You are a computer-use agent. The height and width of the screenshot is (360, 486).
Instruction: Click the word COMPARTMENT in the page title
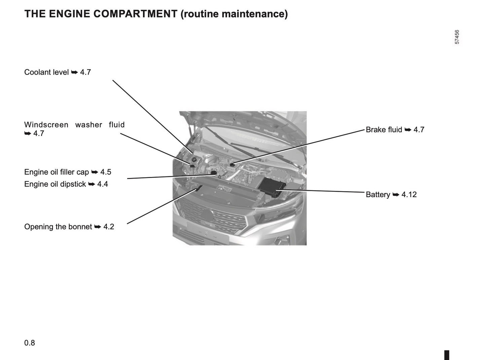[x=135, y=14]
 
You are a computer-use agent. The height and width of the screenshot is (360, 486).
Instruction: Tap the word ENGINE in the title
[x=70, y=14]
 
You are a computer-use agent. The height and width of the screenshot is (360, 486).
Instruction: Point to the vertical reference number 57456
[x=457, y=37]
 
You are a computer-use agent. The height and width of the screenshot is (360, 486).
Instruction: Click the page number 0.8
[x=30, y=343]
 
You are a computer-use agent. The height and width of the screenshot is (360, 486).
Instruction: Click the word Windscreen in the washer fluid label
[x=46, y=125]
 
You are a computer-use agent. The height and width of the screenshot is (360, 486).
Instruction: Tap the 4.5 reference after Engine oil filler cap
[x=106, y=172]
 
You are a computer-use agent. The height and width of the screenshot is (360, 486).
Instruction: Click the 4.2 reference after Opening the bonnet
[x=109, y=227]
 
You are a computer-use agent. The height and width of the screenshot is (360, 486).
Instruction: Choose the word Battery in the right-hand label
[x=378, y=195]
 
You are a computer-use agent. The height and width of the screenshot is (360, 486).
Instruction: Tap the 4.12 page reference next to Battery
[x=409, y=195]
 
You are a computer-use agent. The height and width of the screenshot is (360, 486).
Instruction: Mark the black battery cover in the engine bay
[x=272, y=187]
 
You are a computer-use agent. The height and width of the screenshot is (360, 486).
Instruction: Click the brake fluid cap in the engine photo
[x=232, y=165]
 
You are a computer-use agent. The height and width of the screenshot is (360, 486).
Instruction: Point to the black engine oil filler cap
[x=214, y=173]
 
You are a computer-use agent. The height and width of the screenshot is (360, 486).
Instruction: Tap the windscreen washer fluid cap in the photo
[x=192, y=166]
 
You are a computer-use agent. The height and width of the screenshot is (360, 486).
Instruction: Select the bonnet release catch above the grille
[x=199, y=188]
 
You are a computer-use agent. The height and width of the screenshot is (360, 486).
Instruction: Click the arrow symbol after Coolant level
[x=75, y=72]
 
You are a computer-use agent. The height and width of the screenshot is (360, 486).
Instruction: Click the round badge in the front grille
[x=206, y=214]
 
